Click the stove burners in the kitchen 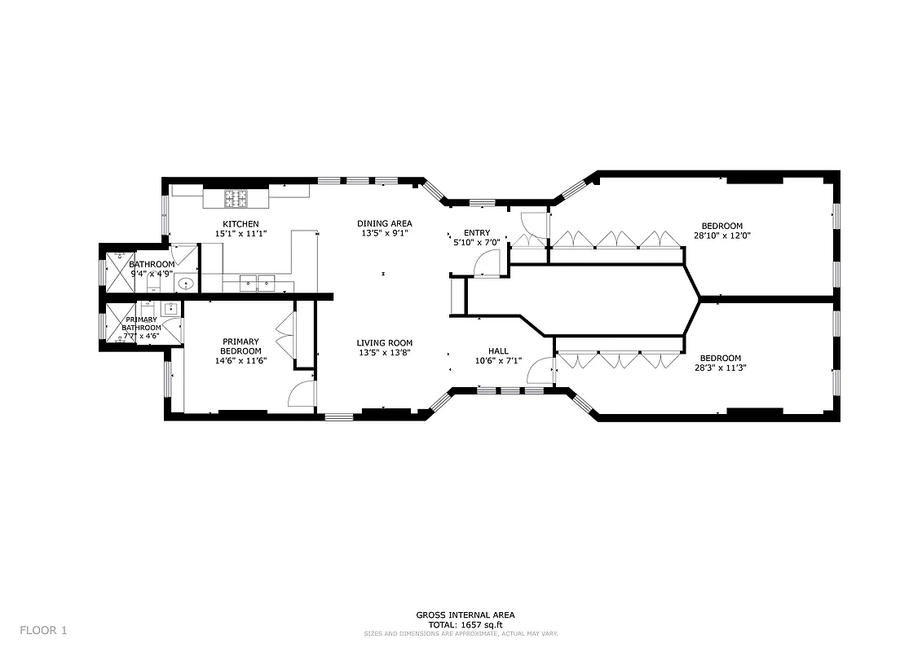pyautogui.click(x=236, y=197)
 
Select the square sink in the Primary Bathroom pyautogui.click(x=171, y=308)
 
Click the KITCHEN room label pyautogui.click(x=240, y=224)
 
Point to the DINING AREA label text pyautogui.click(x=385, y=223)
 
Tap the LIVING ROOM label pyautogui.click(x=385, y=343)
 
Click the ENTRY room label pyautogui.click(x=477, y=233)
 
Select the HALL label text pyautogui.click(x=498, y=351)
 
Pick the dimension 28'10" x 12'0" pyautogui.click(x=722, y=236)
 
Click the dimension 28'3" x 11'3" pyautogui.click(x=721, y=368)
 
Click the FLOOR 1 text pyautogui.click(x=44, y=630)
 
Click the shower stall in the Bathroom pyautogui.click(x=112, y=271)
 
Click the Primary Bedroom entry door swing pyautogui.click(x=302, y=394)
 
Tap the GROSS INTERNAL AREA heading pyautogui.click(x=465, y=615)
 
